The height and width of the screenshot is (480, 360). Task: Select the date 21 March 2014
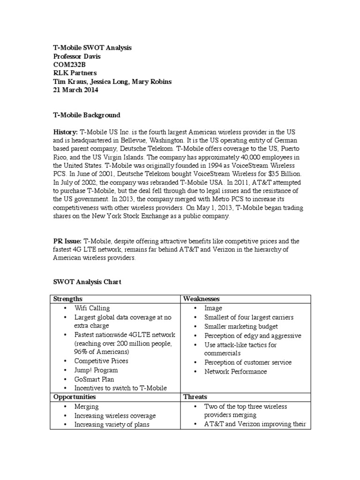[x=75, y=90]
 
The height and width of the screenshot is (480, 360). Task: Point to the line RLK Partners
[x=74, y=73]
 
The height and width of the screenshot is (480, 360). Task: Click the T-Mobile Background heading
[x=86, y=115]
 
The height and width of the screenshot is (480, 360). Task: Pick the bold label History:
[x=65, y=133]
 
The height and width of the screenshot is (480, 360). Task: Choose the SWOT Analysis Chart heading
[x=87, y=282]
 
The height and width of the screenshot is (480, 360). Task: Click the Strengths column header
[x=68, y=299]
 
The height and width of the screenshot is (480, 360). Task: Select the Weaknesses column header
[x=202, y=299]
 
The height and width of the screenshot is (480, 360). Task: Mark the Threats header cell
[x=195, y=397]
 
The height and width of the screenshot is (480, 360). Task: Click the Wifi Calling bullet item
[x=92, y=308]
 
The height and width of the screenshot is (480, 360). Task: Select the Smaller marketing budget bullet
[x=241, y=326]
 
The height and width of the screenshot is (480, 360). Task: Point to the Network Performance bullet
[x=235, y=371]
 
